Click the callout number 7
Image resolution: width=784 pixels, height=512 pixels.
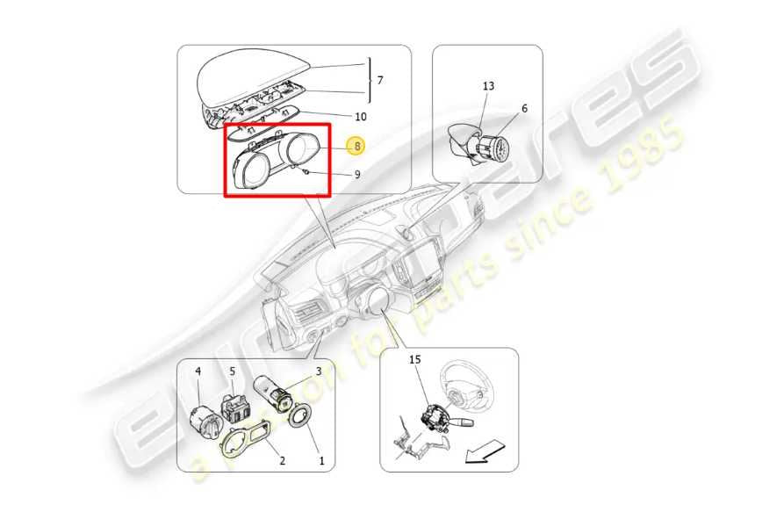point(380,80)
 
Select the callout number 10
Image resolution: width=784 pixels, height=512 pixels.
point(361,117)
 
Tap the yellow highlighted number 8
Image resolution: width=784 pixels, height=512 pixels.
point(356,146)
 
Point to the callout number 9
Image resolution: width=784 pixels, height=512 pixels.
point(357,175)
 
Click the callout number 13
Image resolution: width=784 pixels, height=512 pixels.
point(488,86)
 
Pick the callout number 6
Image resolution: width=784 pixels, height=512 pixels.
point(524,109)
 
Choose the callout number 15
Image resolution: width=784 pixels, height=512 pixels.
point(415,359)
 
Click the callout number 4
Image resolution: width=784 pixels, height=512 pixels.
point(198,371)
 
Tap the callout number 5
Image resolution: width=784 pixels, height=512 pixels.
point(233,371)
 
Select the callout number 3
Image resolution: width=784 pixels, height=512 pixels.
point(318,371)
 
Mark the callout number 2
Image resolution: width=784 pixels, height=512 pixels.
point(282,460)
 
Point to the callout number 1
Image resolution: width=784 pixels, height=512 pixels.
point(321,460)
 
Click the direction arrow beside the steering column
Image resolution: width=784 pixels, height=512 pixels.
point(484,451)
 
